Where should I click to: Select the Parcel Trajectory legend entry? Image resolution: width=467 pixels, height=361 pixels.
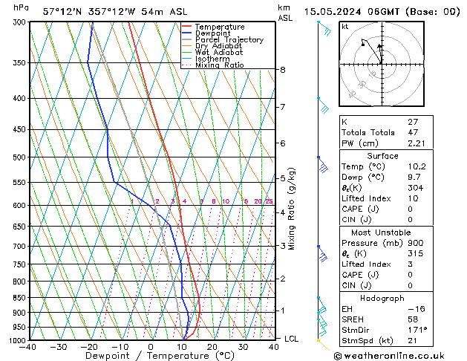click(229, 40)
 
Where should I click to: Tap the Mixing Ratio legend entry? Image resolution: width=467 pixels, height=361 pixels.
click(219, 65)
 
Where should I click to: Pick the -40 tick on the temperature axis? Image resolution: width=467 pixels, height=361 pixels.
click(29, 347)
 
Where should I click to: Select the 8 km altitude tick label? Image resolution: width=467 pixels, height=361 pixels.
click(283, 70)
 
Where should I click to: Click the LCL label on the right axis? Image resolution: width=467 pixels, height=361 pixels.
click(292, 339)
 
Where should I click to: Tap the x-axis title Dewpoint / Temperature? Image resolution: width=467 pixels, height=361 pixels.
click(151, 356)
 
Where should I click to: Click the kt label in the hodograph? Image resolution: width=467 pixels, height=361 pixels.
click(345, 27)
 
